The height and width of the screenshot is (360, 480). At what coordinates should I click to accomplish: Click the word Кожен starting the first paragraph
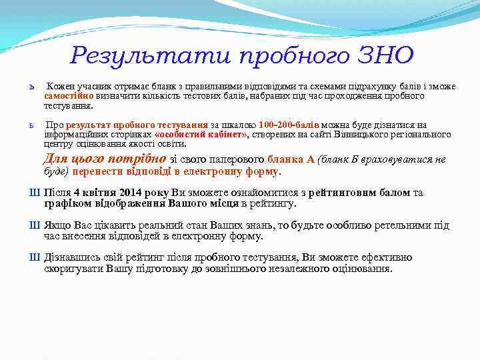[59, 87]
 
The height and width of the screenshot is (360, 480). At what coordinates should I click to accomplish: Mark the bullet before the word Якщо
[35, 225]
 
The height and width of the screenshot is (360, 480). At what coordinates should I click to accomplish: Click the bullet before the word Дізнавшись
[35, 257]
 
